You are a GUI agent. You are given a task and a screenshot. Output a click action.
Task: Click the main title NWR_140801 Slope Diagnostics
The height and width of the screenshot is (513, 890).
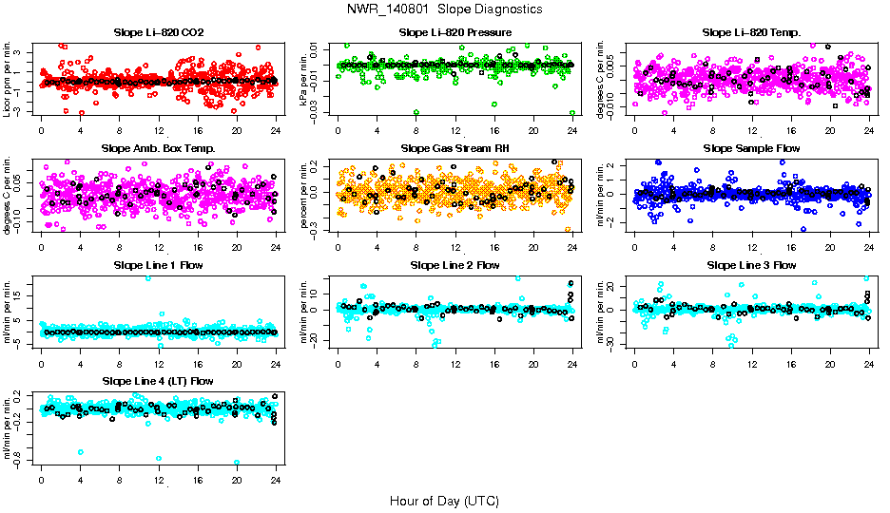(x=445, y=9)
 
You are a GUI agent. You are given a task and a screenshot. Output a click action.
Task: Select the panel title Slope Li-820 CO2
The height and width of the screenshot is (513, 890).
(x=159, y=32)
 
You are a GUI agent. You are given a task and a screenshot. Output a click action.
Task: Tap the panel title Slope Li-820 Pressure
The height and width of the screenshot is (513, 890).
(x=455, y=32)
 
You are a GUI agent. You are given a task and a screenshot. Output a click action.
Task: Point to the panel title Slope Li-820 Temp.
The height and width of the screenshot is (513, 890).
(x=751, y=32)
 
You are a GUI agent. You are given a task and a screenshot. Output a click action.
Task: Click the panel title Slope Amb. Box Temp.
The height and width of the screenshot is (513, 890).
(x=159, y=148)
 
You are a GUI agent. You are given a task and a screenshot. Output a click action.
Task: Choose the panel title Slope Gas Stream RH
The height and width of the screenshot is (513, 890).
(x=455, y=148)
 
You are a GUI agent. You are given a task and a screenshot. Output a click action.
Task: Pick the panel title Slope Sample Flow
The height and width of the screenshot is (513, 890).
(x=751, y=148)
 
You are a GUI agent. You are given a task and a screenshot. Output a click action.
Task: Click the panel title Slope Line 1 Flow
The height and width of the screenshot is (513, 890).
(x=159, y=265)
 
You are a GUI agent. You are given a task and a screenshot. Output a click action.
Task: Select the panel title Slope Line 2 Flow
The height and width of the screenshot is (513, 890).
(x=455, y=265)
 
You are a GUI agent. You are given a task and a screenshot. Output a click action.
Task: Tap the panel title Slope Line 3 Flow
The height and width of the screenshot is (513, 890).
(x=751, y=265)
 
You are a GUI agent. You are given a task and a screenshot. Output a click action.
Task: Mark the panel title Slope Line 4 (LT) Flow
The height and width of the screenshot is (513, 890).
(x=159, y=381)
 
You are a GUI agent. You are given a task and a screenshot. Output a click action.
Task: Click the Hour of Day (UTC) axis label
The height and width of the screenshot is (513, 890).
(x=445, y=501)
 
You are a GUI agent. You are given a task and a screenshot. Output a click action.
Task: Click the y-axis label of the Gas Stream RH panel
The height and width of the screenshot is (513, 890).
(x=305, y=195)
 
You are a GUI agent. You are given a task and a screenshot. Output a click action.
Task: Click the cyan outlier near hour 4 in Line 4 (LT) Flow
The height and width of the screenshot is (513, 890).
(x=81, y=452)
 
